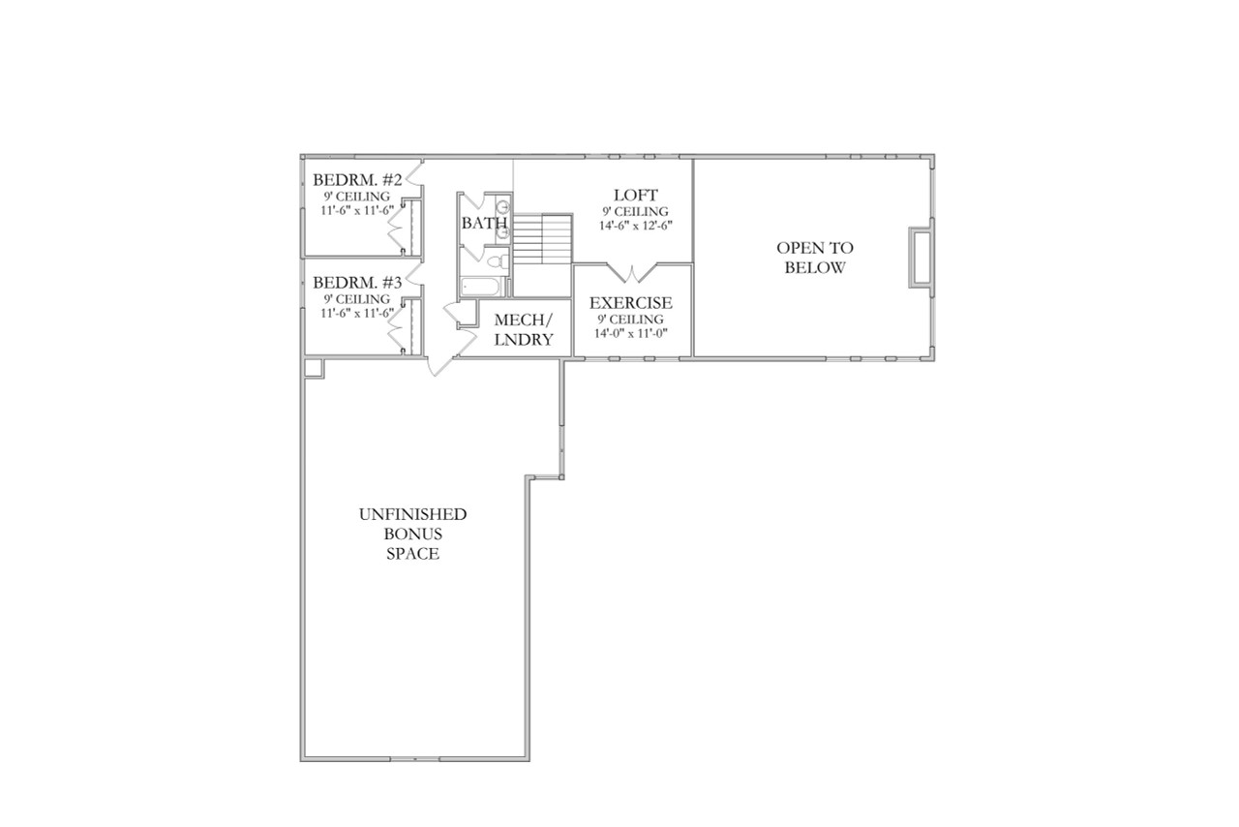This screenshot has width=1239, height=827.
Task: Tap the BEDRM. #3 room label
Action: pyautogui.click(x=356, y=283)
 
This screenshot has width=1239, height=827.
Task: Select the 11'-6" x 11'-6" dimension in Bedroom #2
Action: pyautogui.click(x=357, y=210)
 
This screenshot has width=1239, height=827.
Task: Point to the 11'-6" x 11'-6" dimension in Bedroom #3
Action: pyautogui.click(x=357, y=313)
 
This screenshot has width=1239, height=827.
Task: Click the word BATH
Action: pyautogui.click(x=484, y=224)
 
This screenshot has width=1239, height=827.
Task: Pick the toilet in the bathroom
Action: pyautogui.click(x=496, y=261)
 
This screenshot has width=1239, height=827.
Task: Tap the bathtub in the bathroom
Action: pyautogui.click(x=481, y=286)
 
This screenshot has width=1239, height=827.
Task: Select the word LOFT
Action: pyautogui.click(x=635, y=196)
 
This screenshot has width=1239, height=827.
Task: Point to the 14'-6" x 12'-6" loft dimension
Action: pyautogui.click(x=635, y=225)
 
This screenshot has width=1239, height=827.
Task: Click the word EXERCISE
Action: pyautogui.click(x=631, y=303)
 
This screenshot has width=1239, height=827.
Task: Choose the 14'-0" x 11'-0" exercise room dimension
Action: pyautogui.click(x=631, y=333)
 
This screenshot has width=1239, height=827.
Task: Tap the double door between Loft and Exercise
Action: pyautogui.click(x=633, y=270)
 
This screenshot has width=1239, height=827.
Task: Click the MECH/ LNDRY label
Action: pyautogui.click(x=524, y=330)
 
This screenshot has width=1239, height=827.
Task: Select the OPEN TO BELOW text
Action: pyautogui.click(x=815, y=258)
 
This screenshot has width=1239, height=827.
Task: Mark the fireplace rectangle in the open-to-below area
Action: pyautogui.click(x=920, y=258)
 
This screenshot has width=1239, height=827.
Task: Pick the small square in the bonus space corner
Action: pyautogui.click(x=313, y=368)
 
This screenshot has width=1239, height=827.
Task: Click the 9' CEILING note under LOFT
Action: pyautogui.click(x=635, y=211)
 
